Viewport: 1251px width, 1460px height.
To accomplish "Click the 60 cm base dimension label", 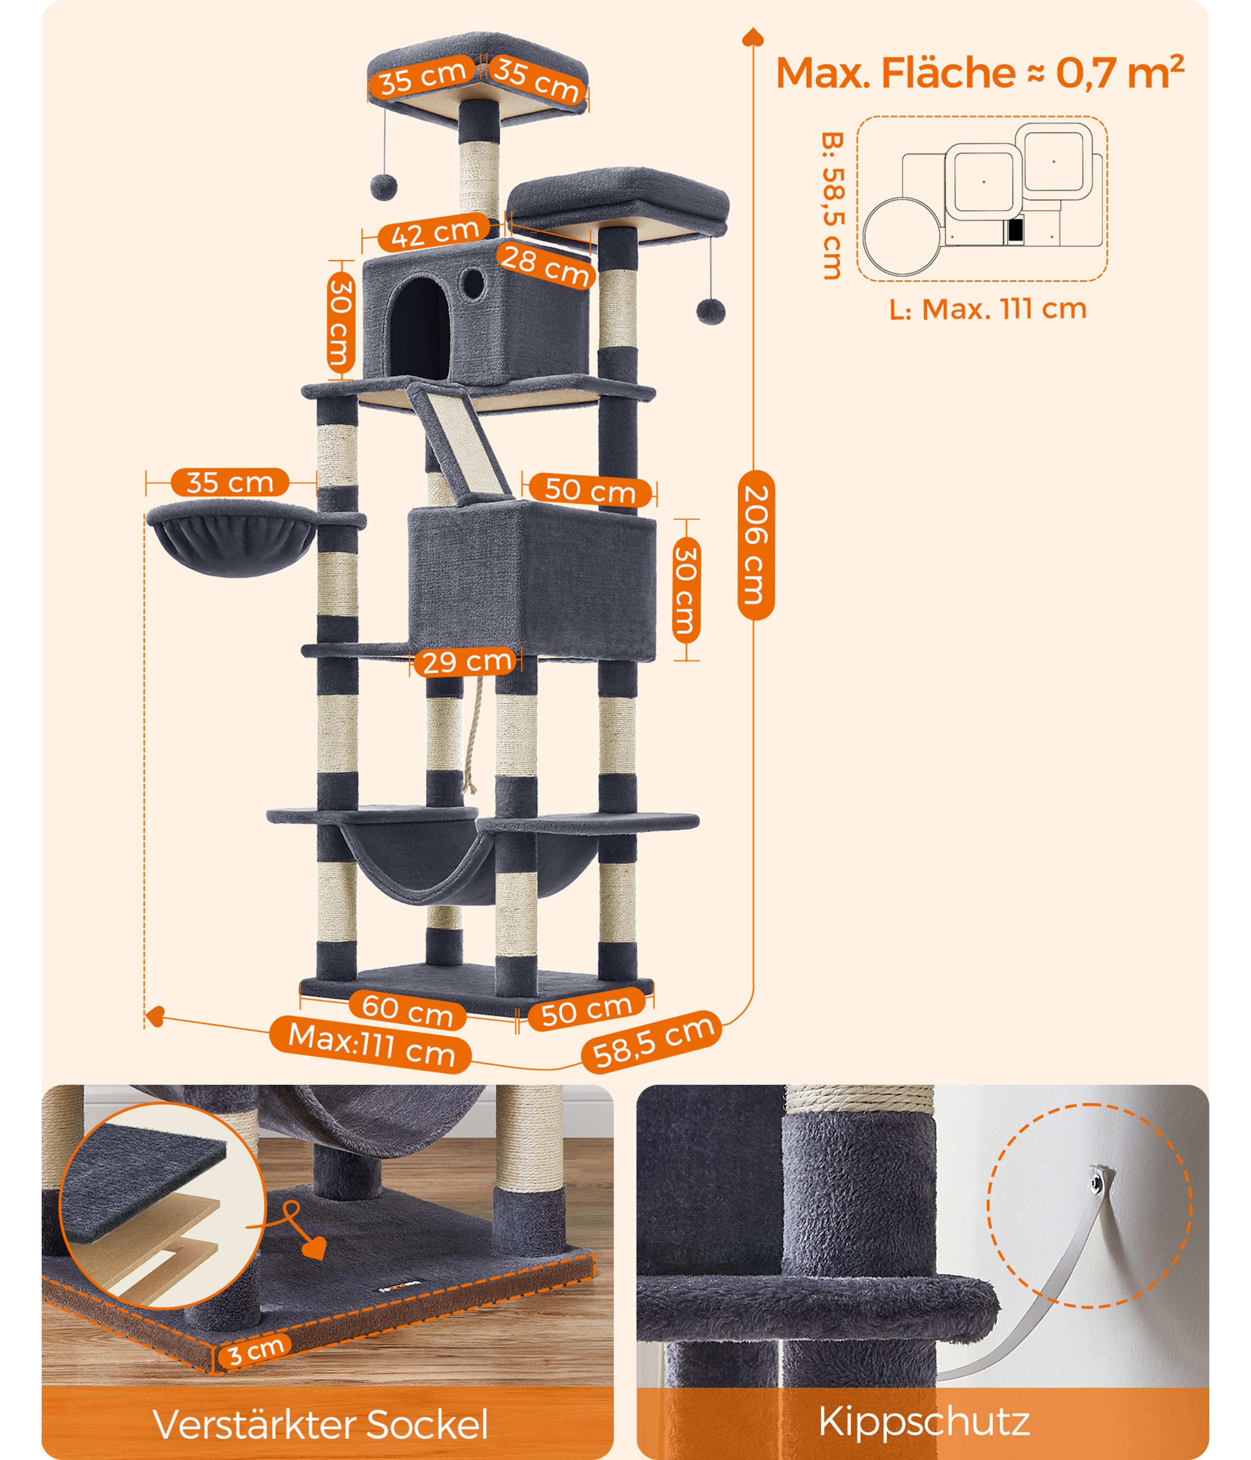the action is point(407,1010).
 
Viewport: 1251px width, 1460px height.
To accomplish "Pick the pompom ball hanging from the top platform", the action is point(384,187).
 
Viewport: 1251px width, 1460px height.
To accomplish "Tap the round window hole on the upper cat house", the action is point(473,283).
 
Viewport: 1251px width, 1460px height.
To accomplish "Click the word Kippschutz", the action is point(924,1421).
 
